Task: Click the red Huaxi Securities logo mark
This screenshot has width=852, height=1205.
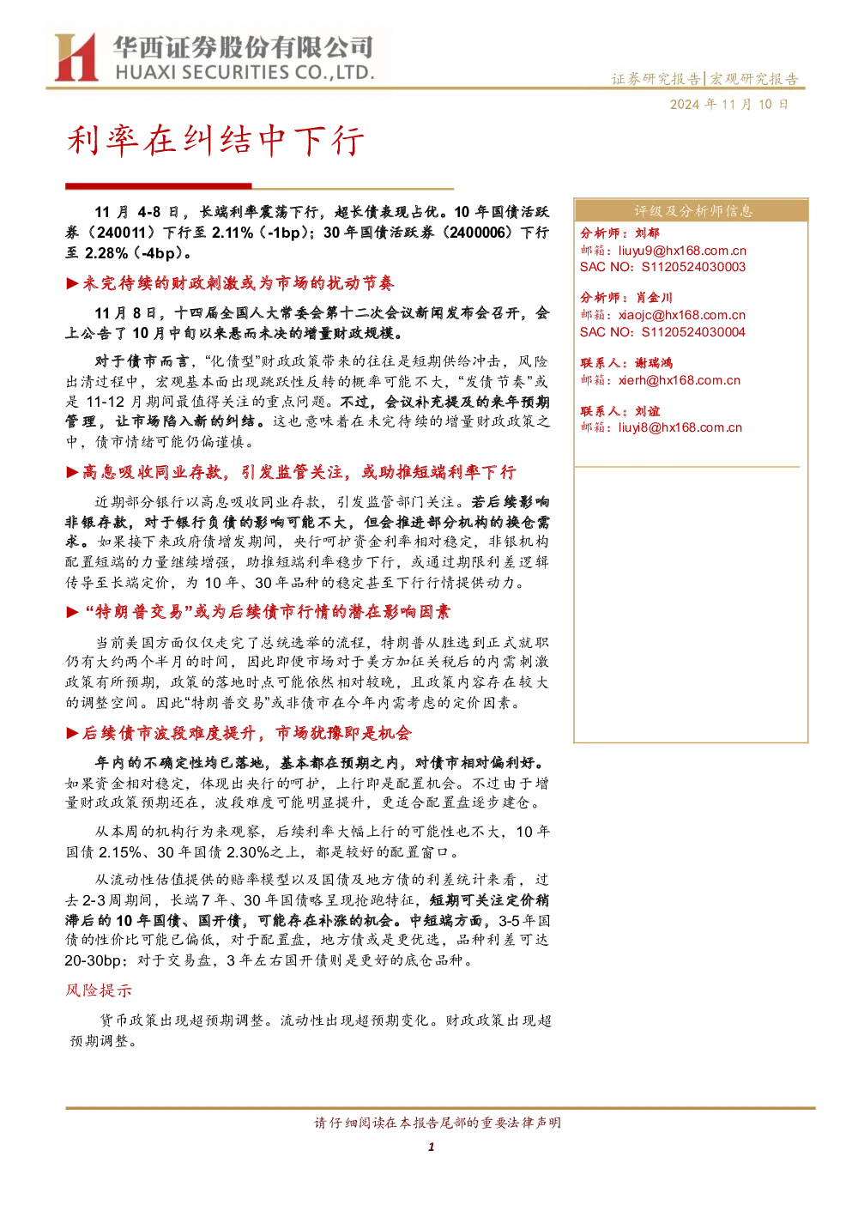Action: click(76, 57)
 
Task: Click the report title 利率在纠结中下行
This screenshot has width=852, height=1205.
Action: click(215, 141)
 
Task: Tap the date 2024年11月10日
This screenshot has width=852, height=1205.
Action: click(728, 105)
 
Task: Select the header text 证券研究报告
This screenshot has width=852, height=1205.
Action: click(656, 79)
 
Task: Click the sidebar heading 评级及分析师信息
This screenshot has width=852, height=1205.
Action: click(692, 211)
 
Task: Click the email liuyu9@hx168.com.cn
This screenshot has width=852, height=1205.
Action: click(682, 251)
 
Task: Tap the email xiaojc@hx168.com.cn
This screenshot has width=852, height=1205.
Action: click(681, 315)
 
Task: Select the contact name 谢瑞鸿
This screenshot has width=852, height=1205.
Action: click(654, 363)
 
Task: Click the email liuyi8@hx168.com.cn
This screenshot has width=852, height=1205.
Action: click(680, 427)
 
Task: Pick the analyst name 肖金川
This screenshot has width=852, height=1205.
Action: click(654, 298)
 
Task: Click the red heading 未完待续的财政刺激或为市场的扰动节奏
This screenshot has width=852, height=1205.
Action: click(239, 283)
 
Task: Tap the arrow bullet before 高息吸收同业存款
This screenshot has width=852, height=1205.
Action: click(72, 472)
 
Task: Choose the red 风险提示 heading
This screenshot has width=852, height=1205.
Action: click(99, 990)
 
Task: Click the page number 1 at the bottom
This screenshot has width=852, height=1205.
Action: click(431, 1147)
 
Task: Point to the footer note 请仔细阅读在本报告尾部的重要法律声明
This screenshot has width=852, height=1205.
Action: click(438, 1123)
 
